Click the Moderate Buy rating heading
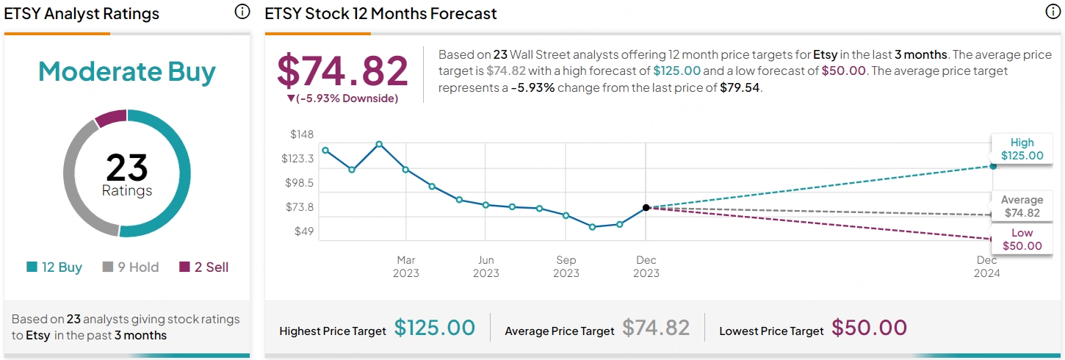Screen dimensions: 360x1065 [127, 72]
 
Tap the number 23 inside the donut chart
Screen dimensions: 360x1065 [127, 168]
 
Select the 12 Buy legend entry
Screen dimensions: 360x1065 [54, 267]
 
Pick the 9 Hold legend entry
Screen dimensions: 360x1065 [130, 267]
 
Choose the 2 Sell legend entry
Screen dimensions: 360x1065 [204, 267]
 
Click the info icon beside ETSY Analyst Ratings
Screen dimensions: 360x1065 [242, 12]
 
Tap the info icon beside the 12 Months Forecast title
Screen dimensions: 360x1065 [1053, 12]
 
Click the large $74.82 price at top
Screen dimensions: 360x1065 [342, 71]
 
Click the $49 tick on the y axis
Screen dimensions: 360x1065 [303, 231]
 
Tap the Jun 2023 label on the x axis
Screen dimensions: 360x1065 [485, 267]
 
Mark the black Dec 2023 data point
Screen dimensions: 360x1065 [646, 208]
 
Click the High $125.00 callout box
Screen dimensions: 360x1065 [1021, 149]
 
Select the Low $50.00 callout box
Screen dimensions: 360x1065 [1021, 240]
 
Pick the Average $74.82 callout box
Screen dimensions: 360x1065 [1021, 206]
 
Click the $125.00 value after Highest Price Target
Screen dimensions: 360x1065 [435, 328]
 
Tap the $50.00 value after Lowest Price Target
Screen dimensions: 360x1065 [869, 328]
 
